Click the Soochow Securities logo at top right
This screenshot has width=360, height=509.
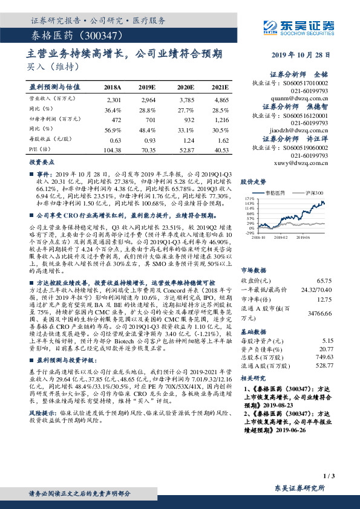click(309, 27)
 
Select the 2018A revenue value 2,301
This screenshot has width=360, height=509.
click(113, 99)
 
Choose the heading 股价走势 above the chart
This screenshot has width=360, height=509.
click(253, 181)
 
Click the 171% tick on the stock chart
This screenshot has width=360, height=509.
click(247, 198)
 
